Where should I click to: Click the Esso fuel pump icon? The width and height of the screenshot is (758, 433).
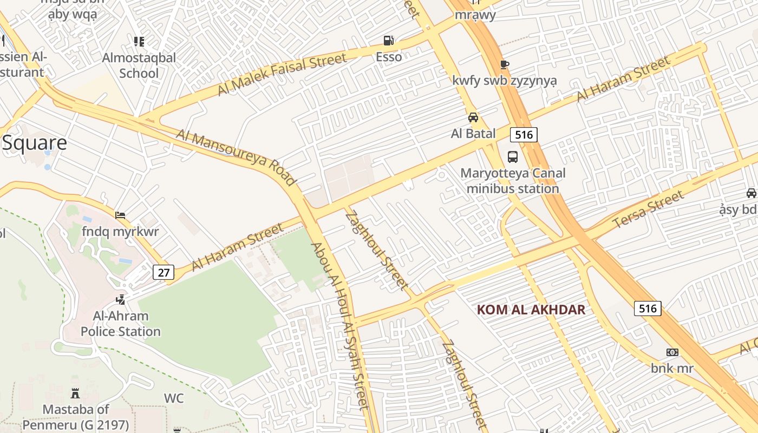click(388, 41)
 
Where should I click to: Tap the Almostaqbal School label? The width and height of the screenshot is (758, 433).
click(139, 65)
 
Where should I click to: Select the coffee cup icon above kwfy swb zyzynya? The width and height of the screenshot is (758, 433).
click(504, 64)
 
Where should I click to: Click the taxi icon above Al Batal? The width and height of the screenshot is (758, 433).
click(473, 117)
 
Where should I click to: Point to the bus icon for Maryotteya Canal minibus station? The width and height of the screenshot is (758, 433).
click(512, 158)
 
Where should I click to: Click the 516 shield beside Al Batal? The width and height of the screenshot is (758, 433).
click(524, 134)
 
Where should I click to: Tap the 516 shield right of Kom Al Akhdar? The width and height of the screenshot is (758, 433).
click(648, 309)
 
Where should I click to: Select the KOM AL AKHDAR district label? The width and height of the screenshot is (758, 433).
click(531, 310)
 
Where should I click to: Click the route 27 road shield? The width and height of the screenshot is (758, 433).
click(163, 272)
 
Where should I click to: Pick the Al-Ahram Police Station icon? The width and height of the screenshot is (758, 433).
click(121, 299)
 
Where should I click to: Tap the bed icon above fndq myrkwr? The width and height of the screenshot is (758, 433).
click(120, 215)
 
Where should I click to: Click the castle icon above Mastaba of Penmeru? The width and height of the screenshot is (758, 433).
click(75, 393)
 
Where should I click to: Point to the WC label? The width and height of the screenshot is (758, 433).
click(174, 398)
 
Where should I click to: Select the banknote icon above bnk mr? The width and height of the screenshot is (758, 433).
click(672, 352)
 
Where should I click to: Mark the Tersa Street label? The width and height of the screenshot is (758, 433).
click(648, 210)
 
